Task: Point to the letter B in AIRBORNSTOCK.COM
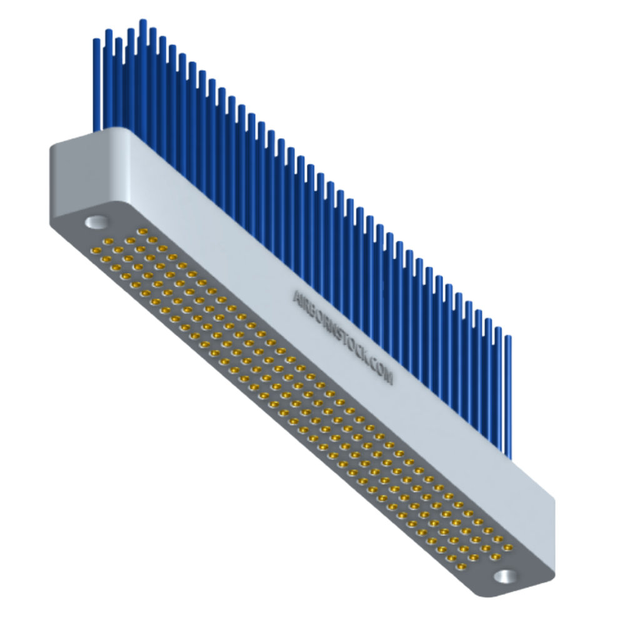pos(313,311)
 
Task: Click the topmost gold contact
pos(143,232)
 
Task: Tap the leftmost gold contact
pos(96,251)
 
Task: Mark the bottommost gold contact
pos(461,567)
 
